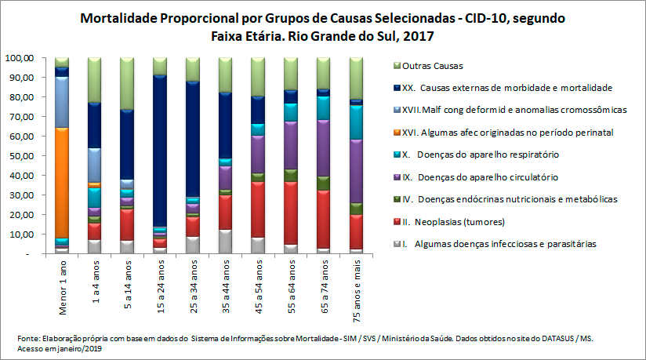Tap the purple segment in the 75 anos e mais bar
point(356,171)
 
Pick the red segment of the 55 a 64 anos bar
point(290,212)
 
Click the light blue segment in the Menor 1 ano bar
point(62,102)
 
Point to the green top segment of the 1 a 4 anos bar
point(94,80)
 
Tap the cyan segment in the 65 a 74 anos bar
point(323,107)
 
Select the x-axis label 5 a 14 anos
point(127,283)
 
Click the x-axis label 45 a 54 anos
point(258,283)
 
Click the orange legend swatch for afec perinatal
point(394,133)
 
